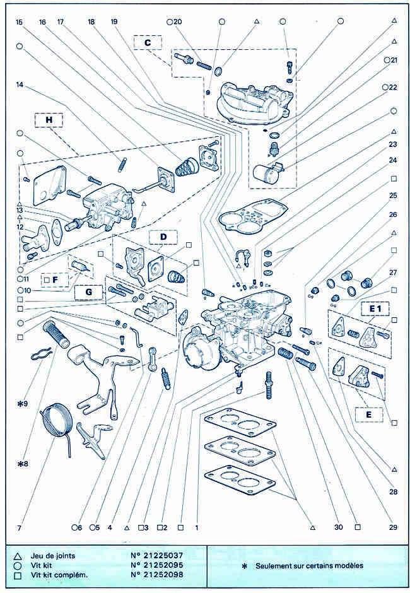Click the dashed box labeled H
pyautogui.click(x=49, y=120)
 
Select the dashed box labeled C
pyautogui.click(x=148, y=43)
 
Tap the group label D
pyautogui.click(x=163, y=237)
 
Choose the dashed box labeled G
pyautogui.click(x=89, y=292)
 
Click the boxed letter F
pyautogui.click(x=56, y=280)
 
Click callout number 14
pyautogui.click(x=20, y=85)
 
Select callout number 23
pyautogui.click(x=393, y=144)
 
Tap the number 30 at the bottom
pyautogui.click(x=339, y=527)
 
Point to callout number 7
pyautogui.click(x=20, y=528)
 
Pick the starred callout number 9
pyautogui.click(x=23, y=404)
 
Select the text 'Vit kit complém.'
pyautogui.click(x=59, y=575)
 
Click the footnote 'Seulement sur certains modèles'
pyautogui.click(x=309, y=566)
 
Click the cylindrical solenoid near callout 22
pyautogui.click(x=265, y=173)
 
